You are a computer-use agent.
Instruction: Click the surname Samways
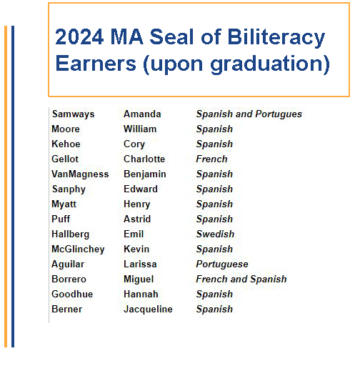click(74, 114)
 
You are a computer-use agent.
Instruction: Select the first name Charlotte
click(144, 159)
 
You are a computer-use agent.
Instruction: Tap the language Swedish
click(215, 234)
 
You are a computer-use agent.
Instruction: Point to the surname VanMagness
click(80, 174)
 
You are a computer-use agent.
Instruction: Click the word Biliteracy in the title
click(276, 38)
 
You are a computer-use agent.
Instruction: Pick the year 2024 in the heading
click(79, 36)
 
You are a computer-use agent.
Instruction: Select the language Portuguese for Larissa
click(222, 264)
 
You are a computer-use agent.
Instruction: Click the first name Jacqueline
click(148, 310)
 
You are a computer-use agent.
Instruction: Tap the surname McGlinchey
click(79, 249)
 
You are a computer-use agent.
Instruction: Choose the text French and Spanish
click(241, 279)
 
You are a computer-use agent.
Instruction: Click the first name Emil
click(134, 234)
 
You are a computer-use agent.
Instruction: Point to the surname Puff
click(61, 219)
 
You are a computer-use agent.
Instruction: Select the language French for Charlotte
click(211, 159)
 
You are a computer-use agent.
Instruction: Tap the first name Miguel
click(139, 279)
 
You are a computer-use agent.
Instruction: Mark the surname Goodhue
click(72, 295)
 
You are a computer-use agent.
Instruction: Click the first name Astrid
click(137, 219)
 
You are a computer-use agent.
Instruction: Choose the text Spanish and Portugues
click(249, 114)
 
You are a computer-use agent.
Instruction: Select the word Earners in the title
click(96, 64)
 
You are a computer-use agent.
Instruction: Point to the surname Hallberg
click(71, 234)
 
